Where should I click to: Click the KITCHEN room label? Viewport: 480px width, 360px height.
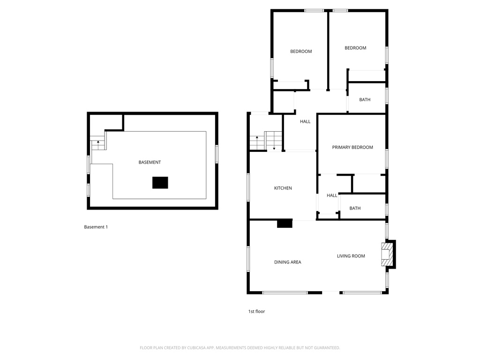283,188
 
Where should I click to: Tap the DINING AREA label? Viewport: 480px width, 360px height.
287,262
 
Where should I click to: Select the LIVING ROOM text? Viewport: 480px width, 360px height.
351,256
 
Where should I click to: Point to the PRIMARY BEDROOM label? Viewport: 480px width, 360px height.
352,147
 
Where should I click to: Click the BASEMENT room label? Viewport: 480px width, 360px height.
150,162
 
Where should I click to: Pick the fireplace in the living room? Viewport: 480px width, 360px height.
388,255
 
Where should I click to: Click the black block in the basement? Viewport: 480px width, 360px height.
160,182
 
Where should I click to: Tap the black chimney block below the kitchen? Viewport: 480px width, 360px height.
285,224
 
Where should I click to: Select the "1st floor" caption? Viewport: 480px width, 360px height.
256,311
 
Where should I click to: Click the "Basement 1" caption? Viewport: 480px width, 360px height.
96,227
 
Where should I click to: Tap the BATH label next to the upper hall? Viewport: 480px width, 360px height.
365,99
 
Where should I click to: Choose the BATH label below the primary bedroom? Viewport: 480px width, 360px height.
355,208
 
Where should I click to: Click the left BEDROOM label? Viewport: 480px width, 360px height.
301,52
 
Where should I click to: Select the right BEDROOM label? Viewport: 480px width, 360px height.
355,48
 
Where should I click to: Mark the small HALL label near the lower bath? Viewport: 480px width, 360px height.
332,195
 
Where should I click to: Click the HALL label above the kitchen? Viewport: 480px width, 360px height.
305,121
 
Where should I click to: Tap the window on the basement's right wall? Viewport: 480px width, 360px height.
217,154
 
